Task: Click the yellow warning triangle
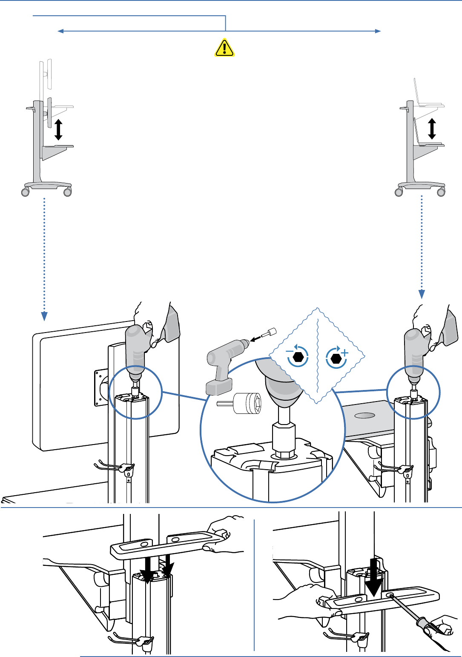pos(224,48)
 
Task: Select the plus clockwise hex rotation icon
pos(336,358)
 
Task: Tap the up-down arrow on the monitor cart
pos(58,129)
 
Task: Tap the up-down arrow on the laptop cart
pos(432,129)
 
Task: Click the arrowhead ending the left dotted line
pos(44,316)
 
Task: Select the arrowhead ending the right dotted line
pos(422,294)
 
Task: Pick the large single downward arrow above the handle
pos(374,579)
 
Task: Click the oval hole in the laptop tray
pos(364,415)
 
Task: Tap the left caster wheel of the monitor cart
pos(26,192)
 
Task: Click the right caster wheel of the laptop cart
pos(441,192)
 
